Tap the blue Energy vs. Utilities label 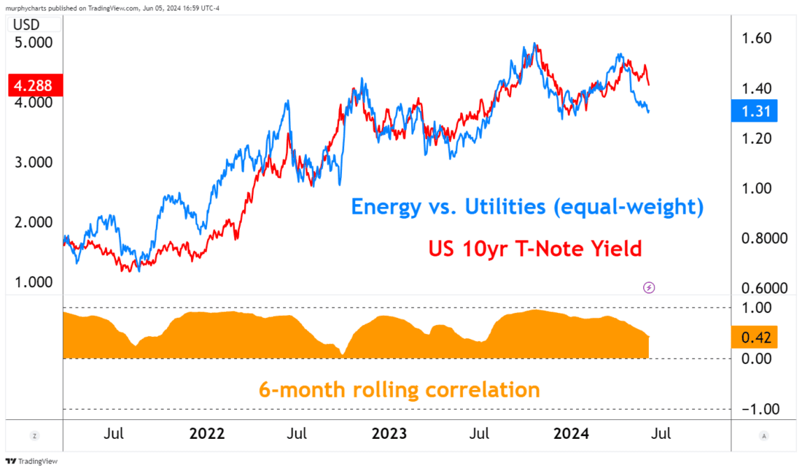tap(527, 207)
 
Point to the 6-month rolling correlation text tap(399, 389)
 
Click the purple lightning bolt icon tap(649, 287)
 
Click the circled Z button tap(34, 435)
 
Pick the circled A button tap(763, 435)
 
